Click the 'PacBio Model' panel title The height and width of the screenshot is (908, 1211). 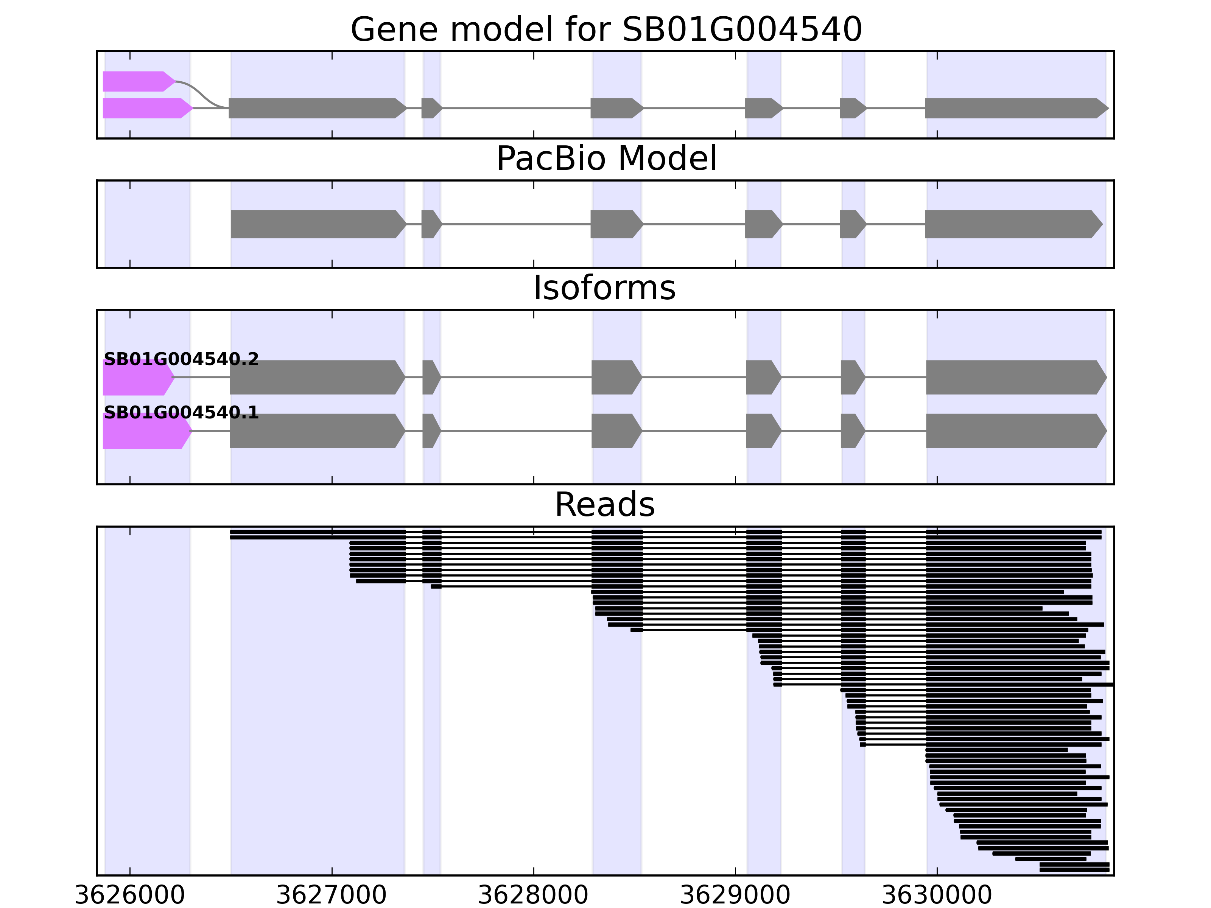pyautogui.click(x=606, y=159)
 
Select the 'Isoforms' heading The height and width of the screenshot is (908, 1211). pyautogui.click(x=604, y=288)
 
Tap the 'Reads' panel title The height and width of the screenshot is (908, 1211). pyautogui.click(x=604, y=505)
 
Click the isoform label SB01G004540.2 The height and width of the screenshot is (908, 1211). pyautogui.click(x=181, y=359)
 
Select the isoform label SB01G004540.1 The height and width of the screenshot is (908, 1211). pyautogui.click(x=181, y=413)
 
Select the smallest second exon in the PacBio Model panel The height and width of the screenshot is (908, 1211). pyautogui.click(x=430, y=224)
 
